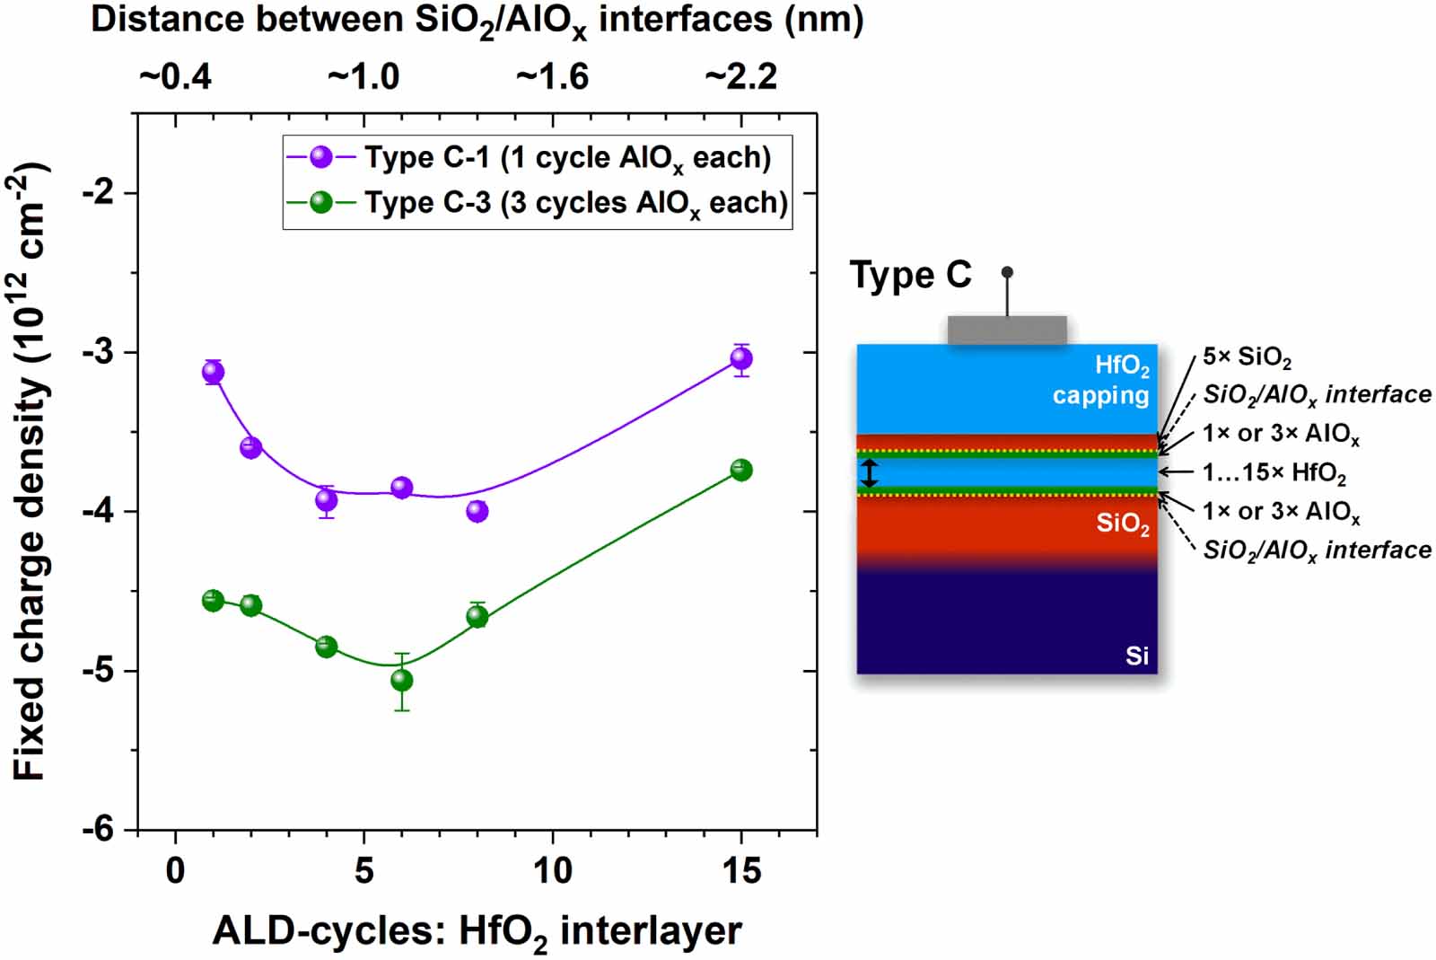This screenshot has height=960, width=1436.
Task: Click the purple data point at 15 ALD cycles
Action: click(740, 359)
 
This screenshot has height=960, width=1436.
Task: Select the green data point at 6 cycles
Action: click(401, 680)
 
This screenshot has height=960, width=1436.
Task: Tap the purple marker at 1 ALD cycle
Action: click(213, 372)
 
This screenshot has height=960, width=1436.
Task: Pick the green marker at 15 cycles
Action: click(740, 470)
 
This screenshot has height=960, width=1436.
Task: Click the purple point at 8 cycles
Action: click(477, 511)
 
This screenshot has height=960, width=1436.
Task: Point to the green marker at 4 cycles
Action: click(326, 647)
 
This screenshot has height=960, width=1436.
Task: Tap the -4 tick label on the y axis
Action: click(98, 512)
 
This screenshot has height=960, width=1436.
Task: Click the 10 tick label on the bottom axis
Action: click(552, 870)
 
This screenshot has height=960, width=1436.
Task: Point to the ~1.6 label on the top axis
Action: click(552, 77)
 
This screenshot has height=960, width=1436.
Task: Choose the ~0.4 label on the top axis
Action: click(175, 77)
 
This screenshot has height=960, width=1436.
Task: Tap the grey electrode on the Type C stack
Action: click(1007, 330)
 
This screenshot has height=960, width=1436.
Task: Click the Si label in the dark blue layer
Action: click(1136, 656)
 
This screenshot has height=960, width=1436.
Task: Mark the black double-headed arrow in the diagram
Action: click(869, 473)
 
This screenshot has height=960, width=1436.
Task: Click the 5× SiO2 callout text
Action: click(1247, 357)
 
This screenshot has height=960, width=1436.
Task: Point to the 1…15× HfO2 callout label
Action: click(1274, 472)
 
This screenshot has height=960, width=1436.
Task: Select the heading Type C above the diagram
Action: click(910, 275)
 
